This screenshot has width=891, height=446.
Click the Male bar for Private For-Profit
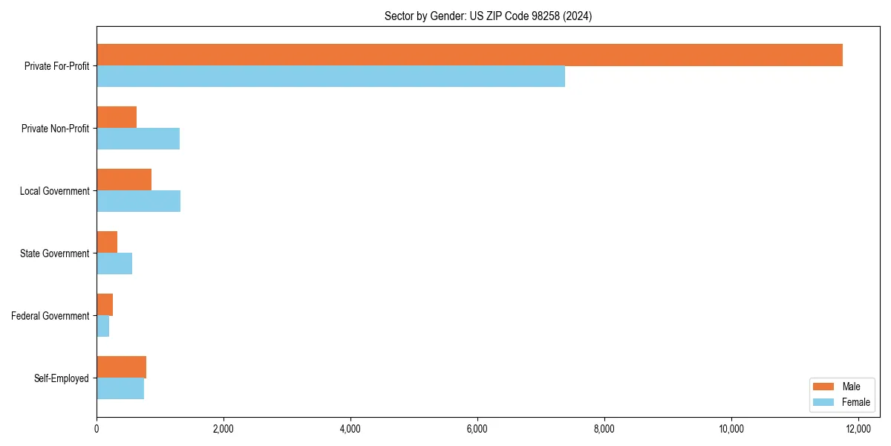point(469,55)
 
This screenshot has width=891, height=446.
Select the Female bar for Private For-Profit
point(330,77)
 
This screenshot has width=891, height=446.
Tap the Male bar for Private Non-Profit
point(117,117)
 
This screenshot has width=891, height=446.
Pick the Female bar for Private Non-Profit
point(138,139)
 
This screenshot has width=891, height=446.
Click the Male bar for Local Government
point(124,180)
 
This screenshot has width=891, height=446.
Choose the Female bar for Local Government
point(138,201)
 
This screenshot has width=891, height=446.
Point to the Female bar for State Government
point(114,264)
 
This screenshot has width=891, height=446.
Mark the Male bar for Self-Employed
point(121,367)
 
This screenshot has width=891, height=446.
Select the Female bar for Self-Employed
point(120,389)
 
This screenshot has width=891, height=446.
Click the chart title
point(488,16)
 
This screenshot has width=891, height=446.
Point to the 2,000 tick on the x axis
point(223,429)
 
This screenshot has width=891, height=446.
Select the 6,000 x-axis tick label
point(477,429)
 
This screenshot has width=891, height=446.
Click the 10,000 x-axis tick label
point(731,429)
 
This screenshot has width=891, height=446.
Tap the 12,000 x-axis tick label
point(858,429)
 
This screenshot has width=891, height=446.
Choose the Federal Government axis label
point(50,316)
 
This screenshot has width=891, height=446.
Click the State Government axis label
point(55,253)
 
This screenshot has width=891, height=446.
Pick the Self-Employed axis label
point(62,378)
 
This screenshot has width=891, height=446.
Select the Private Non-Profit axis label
point(55,129)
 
